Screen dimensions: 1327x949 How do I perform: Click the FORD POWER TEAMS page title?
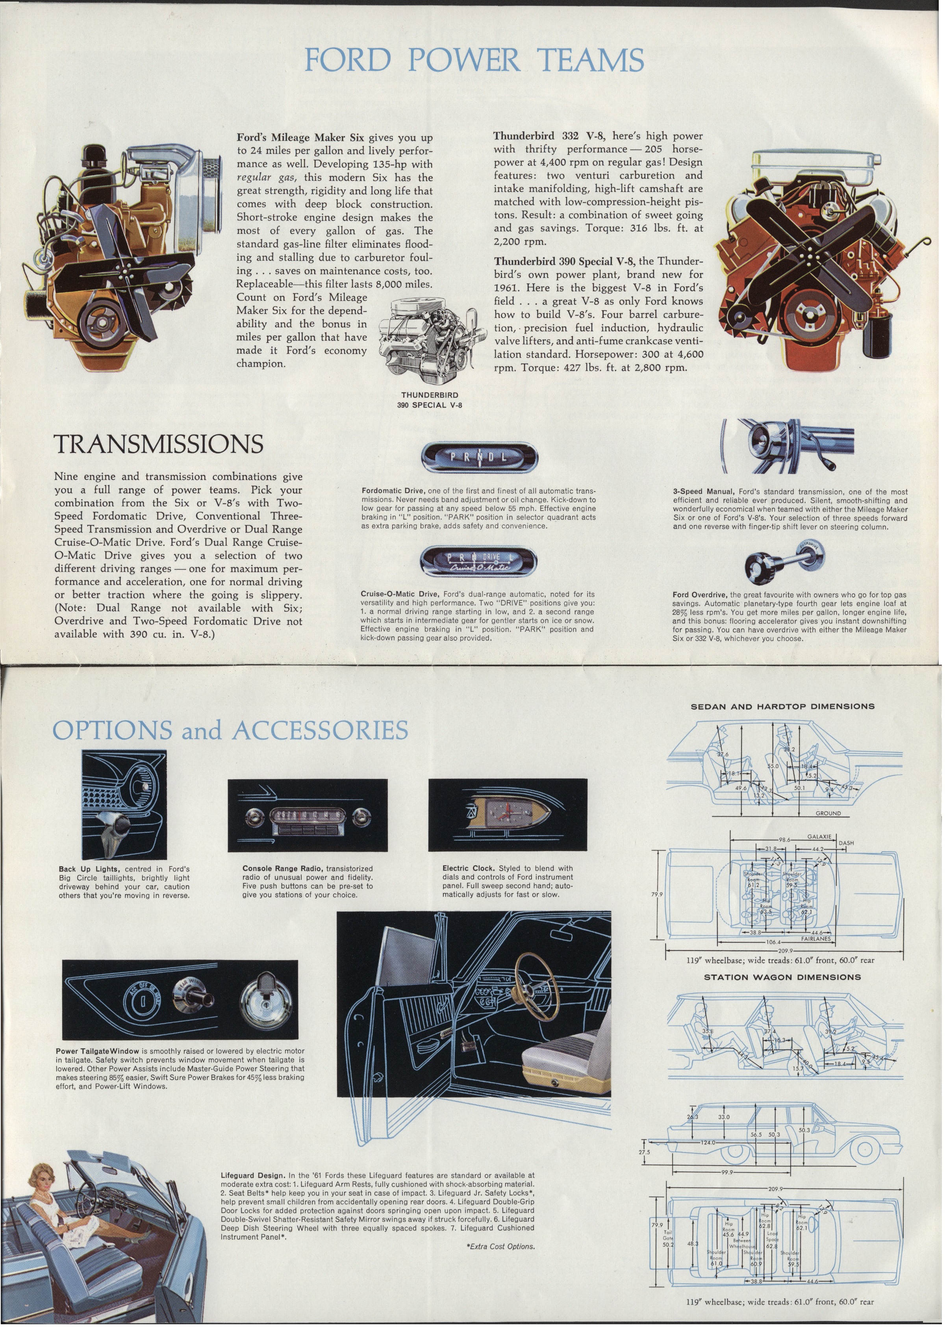(474, 59)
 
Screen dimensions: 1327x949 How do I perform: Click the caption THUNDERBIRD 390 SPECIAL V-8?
(430, 400)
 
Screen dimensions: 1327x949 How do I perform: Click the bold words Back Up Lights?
(89, 869)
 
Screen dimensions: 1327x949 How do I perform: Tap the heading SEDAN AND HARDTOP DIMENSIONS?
(782, 706)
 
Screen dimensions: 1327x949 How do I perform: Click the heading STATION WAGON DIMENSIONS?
(782, 977)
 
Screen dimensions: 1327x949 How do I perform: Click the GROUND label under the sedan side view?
(828, 814)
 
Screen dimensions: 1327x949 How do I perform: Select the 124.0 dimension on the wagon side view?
(708, 1142)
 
